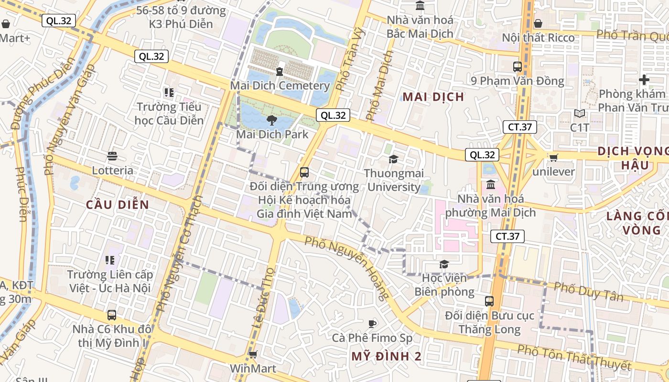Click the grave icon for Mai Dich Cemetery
click(x=280, y=72)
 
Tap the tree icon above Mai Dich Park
click(x=272, y=120)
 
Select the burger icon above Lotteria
click(x=112, y=156)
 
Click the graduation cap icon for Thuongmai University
click(x=393, y=159)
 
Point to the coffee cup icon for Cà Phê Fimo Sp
click(x=372, y=324)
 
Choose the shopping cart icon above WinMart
click(x=253, y=355)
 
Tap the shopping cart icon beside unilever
click(x=553, y=158)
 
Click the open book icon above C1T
click(x=580, y=114)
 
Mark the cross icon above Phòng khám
click(x=644, y=80)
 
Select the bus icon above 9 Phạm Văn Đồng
click(x=518, y=67)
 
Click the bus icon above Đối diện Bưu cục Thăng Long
click(x=489, y=301)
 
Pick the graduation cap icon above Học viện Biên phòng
click(x=444, y=264)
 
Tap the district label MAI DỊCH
click(x=433, y=97)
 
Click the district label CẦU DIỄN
click(x=118, y=205)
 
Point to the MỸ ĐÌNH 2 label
click(x=387, y=356)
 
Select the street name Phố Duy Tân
click(x=589, y=291)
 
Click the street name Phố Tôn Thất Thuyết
click(x=574, y=358)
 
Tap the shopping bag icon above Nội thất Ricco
click(x=538, y=23)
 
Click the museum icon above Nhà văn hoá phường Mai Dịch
click(x=490, y=185)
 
